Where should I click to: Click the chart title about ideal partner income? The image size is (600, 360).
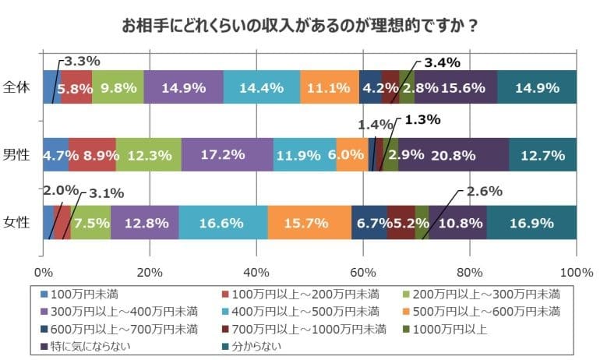300,25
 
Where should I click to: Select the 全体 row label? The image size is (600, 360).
16,86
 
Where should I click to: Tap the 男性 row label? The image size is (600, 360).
16,154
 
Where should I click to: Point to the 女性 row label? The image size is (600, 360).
16,222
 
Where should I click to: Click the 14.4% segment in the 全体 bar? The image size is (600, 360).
262,87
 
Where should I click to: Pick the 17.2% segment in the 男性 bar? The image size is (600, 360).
227,155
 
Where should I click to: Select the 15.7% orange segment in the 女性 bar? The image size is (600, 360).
309,223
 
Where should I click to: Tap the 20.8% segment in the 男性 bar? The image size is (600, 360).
453,155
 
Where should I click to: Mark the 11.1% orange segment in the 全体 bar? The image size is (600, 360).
330,87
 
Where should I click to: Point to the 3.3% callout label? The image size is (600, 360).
82,60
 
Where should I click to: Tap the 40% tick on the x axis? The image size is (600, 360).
256,272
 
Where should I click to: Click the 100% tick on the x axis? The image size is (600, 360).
577,272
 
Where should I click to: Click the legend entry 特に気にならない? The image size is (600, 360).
88,345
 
